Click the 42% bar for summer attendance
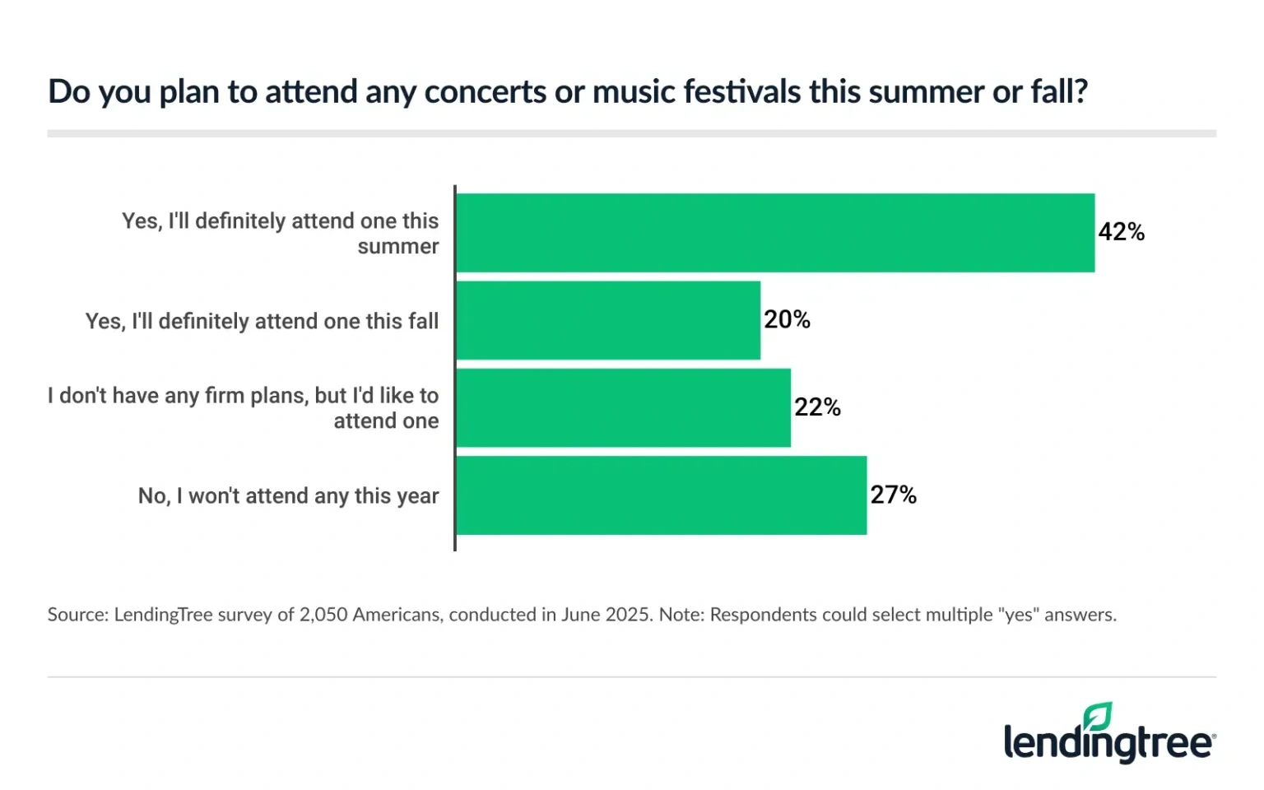775,233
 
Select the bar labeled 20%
608,320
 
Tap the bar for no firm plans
623,408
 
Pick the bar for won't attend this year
661,495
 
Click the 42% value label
1121,232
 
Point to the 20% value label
787,319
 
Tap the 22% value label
817,407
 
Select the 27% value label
893,495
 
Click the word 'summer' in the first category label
397,247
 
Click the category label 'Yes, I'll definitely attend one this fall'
262,321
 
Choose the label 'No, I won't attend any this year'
288,496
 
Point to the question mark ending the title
1080,91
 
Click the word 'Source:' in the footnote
77,615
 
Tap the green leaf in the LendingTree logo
1098,716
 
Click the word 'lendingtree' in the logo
1107,743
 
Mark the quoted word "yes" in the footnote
1019,615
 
